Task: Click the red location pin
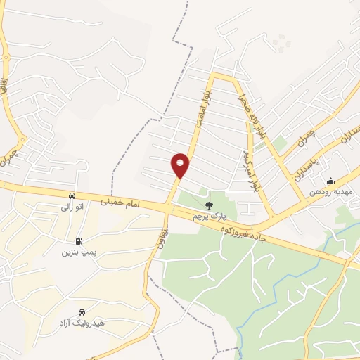181,165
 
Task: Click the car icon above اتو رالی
72,195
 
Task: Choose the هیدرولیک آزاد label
83,323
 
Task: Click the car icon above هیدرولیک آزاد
83,311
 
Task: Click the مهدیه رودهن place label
333,193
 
